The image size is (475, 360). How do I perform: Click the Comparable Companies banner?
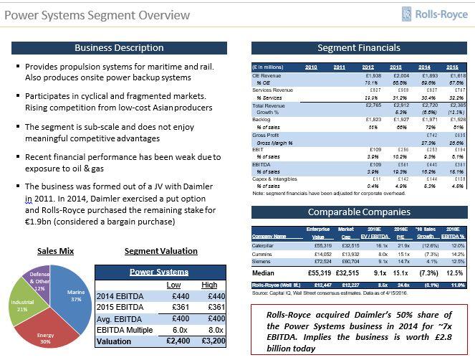(x=358, y=212)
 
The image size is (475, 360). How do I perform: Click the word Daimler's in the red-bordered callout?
(x=358, y=314)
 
